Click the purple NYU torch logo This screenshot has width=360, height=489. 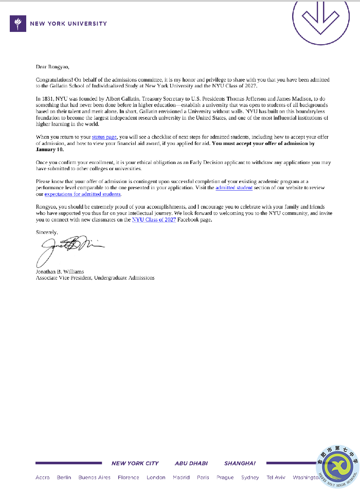coord(18,24)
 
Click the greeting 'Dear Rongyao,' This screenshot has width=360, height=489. coord(52,67)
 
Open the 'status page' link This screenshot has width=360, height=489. coord(104,137)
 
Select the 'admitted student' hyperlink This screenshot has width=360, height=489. coord(234,188)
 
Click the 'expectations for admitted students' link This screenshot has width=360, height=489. coord(83,194)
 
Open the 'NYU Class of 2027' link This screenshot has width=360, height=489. coord(154,220)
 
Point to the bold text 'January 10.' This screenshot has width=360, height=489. coord(50,150)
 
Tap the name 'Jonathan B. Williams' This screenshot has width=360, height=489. coord(60,271)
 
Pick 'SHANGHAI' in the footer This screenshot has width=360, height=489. coord(240,463)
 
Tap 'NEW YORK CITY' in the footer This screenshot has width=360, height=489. coord(135,463)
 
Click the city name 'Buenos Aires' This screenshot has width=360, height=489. coord(94,478)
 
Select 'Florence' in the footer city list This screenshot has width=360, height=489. coord(129,478)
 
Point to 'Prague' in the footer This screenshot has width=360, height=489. coord(225,478)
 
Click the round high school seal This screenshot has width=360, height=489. coord(337,466)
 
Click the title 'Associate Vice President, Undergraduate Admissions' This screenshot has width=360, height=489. coord(95,278)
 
